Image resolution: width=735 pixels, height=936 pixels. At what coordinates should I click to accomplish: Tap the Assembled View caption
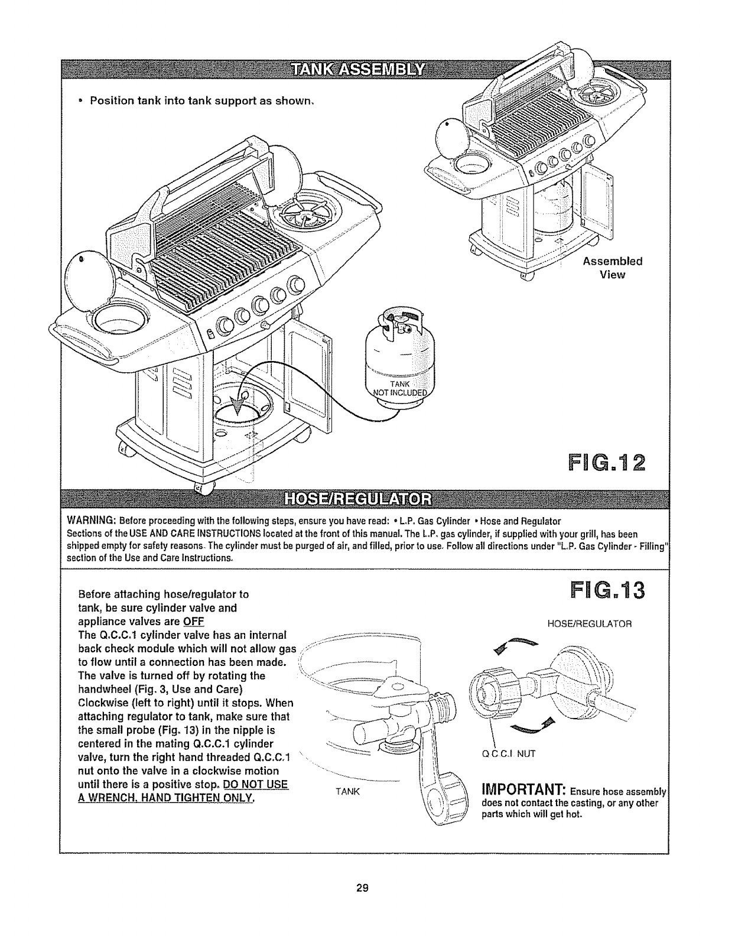click(x=613, y=268)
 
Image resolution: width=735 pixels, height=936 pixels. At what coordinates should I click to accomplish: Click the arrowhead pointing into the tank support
click(x=239, y=406)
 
